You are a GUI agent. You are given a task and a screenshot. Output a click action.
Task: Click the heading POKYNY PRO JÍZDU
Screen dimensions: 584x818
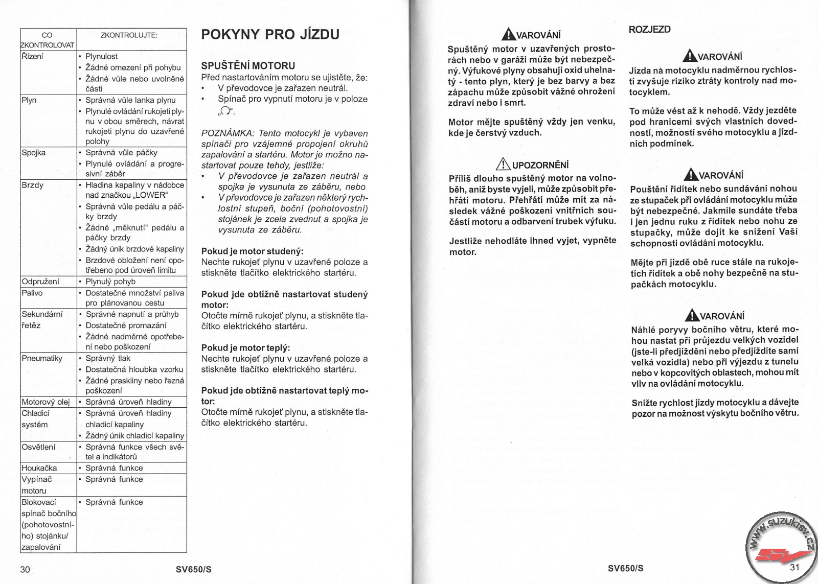270,35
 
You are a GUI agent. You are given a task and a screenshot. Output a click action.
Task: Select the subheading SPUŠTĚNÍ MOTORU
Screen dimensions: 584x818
248,66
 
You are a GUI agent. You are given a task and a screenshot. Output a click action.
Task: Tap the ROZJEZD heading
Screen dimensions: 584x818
649,30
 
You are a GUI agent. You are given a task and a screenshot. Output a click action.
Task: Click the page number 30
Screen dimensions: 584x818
25,569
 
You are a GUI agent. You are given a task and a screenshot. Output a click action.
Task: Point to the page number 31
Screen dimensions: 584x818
794,568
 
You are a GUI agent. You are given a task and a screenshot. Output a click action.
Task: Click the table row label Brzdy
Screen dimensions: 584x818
33,185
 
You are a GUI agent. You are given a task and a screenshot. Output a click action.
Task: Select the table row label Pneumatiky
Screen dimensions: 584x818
42,358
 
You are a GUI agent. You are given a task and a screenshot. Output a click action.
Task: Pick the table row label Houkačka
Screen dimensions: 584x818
39,468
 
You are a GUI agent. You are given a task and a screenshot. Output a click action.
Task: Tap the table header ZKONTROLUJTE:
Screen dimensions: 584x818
129,35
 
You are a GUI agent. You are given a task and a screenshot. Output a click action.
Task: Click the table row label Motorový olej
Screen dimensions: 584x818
46,402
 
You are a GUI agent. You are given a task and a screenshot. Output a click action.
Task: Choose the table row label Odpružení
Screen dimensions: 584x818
40,282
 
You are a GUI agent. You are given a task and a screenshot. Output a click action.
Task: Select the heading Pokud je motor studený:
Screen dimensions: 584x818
252,251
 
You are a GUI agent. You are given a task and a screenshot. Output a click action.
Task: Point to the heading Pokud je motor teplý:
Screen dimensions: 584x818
245,348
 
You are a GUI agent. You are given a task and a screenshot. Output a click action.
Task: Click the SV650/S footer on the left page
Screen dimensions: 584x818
193,569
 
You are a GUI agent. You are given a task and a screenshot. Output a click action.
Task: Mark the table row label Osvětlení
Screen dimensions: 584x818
39,447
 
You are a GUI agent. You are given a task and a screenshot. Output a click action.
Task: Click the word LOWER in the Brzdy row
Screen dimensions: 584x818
151,195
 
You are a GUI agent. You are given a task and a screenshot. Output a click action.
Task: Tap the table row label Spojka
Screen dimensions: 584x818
34,153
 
